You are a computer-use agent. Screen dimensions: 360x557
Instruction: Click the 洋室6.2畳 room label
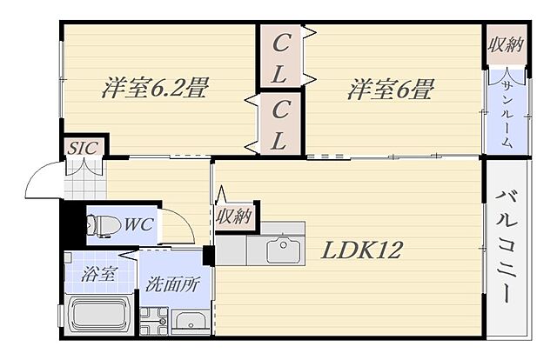click(x=155, y=89)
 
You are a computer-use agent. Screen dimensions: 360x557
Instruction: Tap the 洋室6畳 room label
click(x=392, y=89)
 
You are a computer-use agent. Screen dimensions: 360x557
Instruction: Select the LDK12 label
click(x=362, y=251)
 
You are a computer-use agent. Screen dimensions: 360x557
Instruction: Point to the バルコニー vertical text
click(x=506, y=249)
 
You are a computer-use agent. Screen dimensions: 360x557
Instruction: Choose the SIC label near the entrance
click(x=83, y=148)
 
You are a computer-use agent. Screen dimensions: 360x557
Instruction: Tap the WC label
click(x=138, y=224)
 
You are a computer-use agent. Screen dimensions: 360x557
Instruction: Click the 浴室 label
click(x=99, y=275)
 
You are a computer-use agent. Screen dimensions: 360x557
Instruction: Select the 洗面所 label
click(x=171, y=284)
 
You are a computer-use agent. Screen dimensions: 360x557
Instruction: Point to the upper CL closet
click(x=281, y=57)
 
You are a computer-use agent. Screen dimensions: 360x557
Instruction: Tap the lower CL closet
click(x=281, y=123)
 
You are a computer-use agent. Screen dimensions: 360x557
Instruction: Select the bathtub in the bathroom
click(x=98, y=316)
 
